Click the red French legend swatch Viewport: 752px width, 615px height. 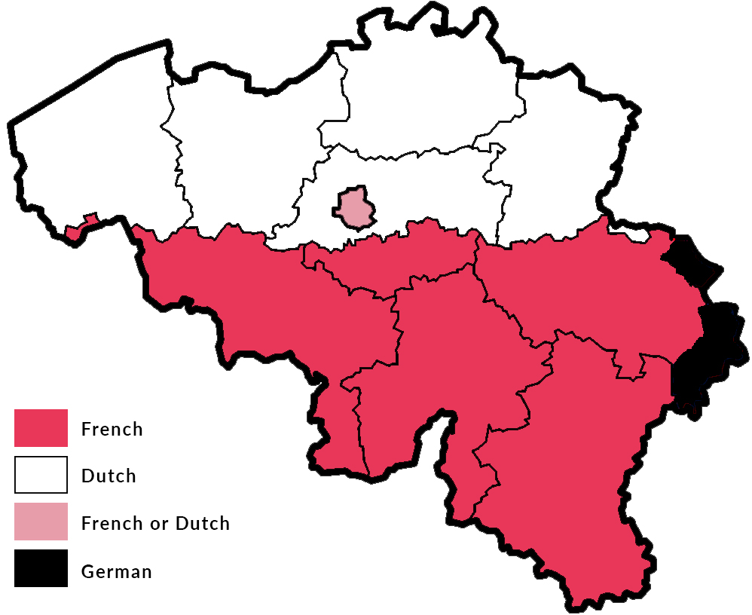coord(41,428)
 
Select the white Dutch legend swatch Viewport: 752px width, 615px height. coord(41,475)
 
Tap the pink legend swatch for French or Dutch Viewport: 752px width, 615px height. coord(41,522)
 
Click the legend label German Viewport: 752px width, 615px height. coord(116,572)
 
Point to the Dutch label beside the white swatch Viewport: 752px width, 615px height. coord(109,476)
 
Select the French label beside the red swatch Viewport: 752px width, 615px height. coord(112,430)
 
